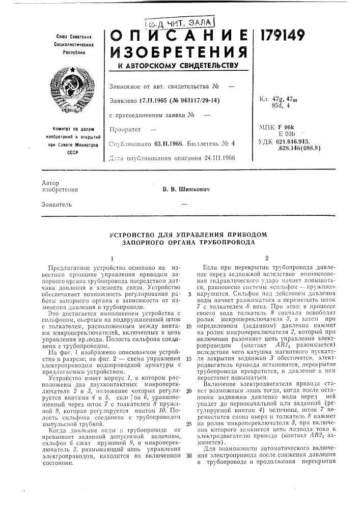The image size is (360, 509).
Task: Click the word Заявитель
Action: click(x=57, y=205)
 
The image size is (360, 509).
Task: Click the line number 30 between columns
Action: click(x=188, y=441)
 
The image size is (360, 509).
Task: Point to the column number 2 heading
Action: click(x=267, y=257)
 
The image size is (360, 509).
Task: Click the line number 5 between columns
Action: click(x=189, y=294)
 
